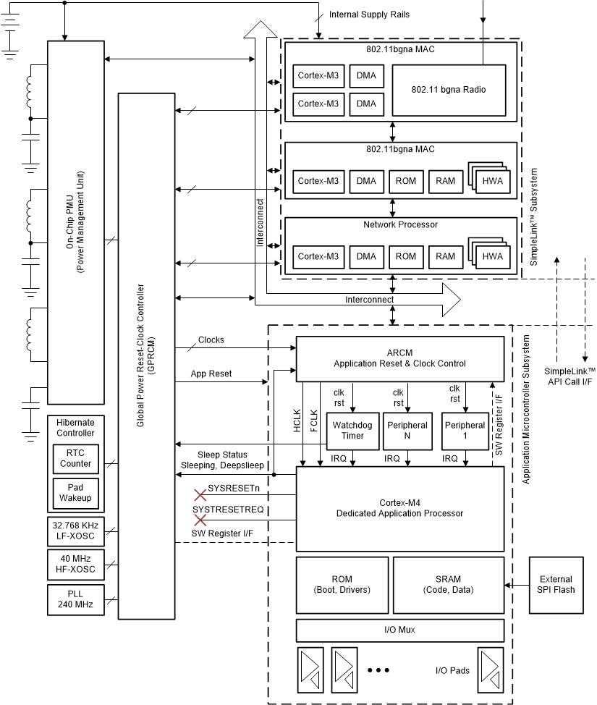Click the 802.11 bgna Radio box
click(449, 90)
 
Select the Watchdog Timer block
click(352, 431)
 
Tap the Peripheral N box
click(407, 431)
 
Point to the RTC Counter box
click(76, 458)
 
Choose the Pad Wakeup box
click(76, 493)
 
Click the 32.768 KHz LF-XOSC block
click(76, 531)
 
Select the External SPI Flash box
click(556, 584)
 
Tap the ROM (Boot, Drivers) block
click(342, 584)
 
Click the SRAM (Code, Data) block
click(449, 584)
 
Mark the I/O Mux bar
click(399, 630)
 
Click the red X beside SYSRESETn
click(200, 495)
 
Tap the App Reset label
click(211, 374)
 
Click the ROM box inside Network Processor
click(406, 256)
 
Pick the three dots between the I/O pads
click(378, 671)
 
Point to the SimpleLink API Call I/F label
click(570, 376)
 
